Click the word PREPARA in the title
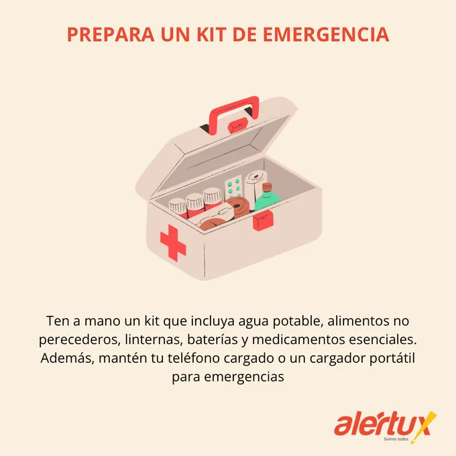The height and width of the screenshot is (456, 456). pyautogui.click(x=111, y=35)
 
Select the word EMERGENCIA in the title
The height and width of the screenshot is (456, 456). pyautogui.click(x=326, y=35)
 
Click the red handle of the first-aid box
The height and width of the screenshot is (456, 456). pyautogui.click(x=234, y=113)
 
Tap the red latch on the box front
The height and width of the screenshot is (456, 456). pyautogui.click(x=263, y=220)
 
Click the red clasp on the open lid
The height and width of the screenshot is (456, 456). pyautogui.click(x=238, y=125)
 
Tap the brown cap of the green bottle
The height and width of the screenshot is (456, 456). pyautogui.click(x=267, y=187)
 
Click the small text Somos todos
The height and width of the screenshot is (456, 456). pyautogui.click(x=396, y=439)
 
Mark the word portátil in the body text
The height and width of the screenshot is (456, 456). pyautogui.click(x=392, y=358)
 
